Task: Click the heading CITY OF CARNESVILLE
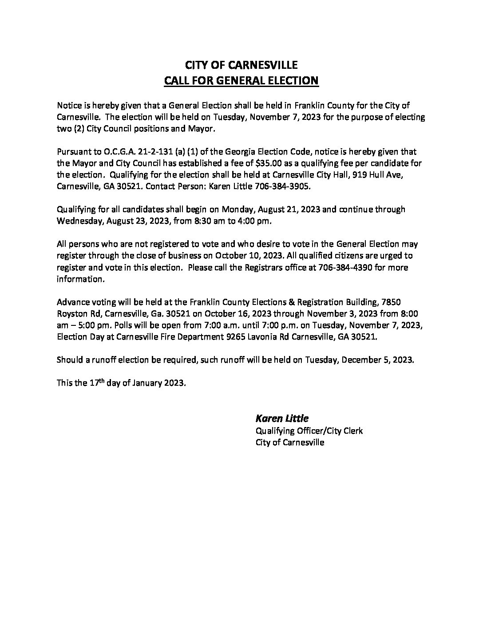(x=241, y=65)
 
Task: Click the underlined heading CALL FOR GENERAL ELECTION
(x=241, y=81)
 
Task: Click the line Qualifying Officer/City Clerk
(x=309, y=431)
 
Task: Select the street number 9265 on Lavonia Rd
(x=236, y=337)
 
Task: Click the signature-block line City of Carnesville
(x=290, y=443)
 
